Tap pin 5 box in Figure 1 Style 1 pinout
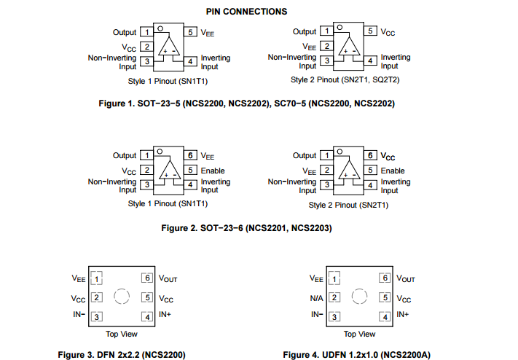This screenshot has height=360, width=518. (191, 32)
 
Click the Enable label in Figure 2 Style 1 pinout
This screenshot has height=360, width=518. (213, 171)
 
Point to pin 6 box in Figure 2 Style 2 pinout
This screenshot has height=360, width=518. (371, 156)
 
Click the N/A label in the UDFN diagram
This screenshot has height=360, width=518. (315, 297)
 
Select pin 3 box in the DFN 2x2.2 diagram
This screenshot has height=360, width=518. (95, 316)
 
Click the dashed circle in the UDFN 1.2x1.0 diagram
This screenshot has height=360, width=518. (358, 297)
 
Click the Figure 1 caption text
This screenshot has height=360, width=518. (246, 104)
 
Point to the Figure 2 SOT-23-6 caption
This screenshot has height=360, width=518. (246, 228)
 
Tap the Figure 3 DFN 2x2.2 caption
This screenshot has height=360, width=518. (121, 355)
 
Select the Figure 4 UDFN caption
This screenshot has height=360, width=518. (356, 355)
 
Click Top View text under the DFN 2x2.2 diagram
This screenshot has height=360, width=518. (121, 334)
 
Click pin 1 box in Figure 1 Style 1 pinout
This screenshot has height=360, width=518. (146, 32)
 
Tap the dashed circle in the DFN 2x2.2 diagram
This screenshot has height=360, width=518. (122, 297)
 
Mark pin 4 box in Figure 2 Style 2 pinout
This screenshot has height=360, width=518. (371, 185)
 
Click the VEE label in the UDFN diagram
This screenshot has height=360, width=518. (315, 278)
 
